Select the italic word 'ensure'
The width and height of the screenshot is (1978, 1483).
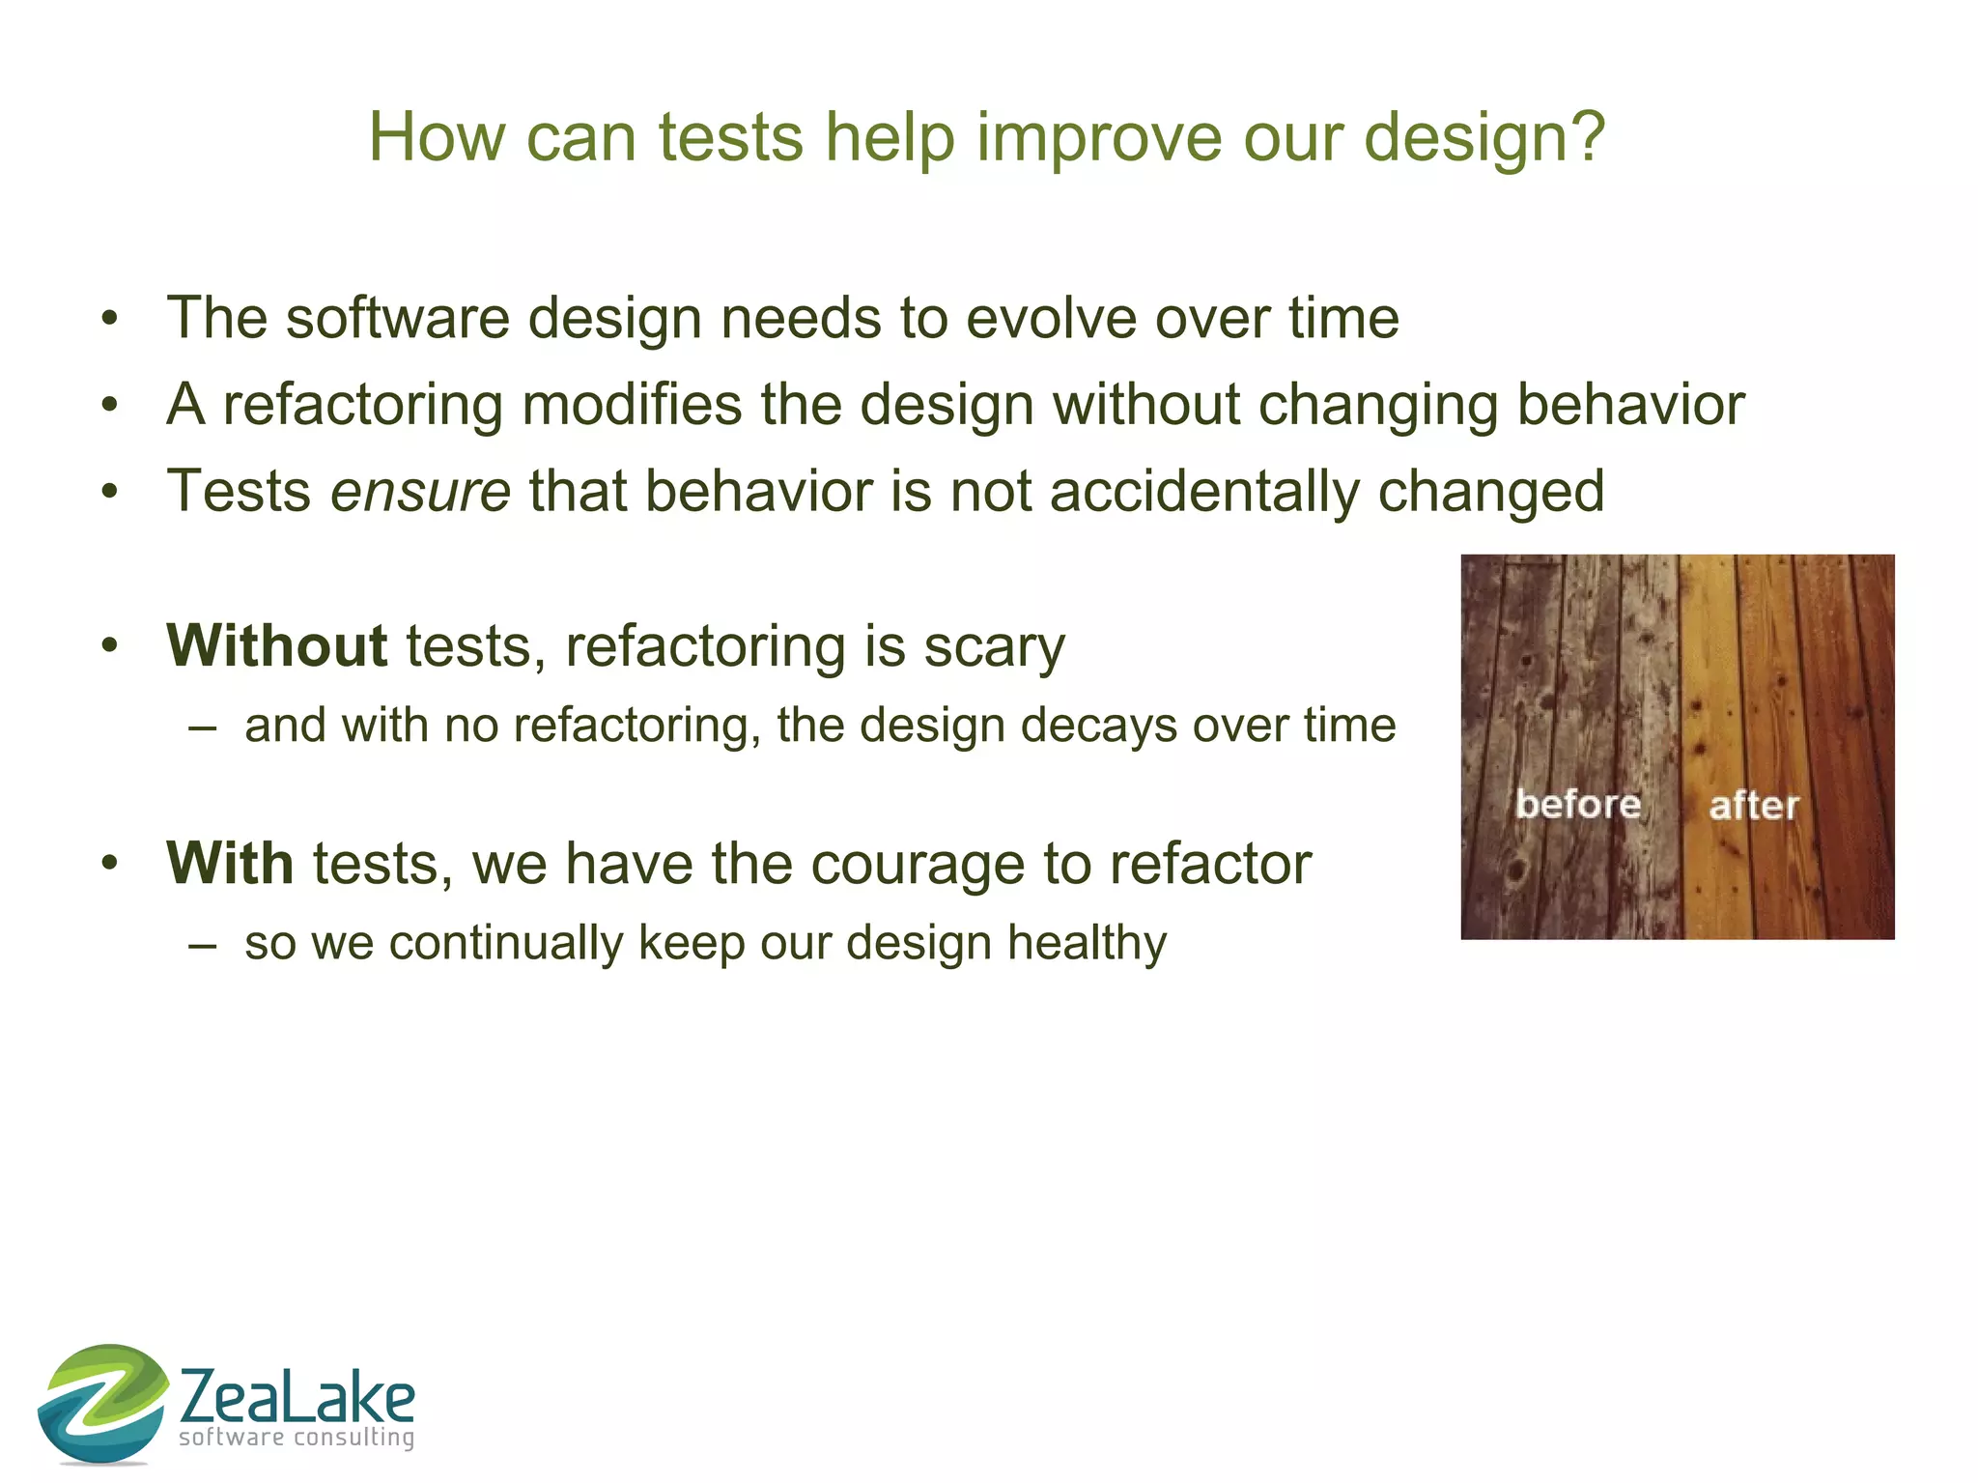click(x=420, y=492)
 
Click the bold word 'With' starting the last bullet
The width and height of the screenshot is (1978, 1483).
click(x=230, y=863)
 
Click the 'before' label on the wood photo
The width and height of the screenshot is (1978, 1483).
click(x=1577, y=804)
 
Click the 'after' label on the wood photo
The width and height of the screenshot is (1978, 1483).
click(x=1753, y=805)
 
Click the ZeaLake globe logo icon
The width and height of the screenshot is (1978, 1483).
click(x=102, y=1403)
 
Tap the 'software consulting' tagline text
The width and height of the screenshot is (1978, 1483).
click(x=297, y=1438)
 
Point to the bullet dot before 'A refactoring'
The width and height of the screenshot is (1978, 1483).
click(x=110, y=405)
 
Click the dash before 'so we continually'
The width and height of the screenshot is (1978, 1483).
click(x=203, y=944)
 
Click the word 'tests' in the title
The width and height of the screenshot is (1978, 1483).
click(x=730, y=137)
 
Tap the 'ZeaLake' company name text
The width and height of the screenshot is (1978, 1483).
click(x=297, y=1396)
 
